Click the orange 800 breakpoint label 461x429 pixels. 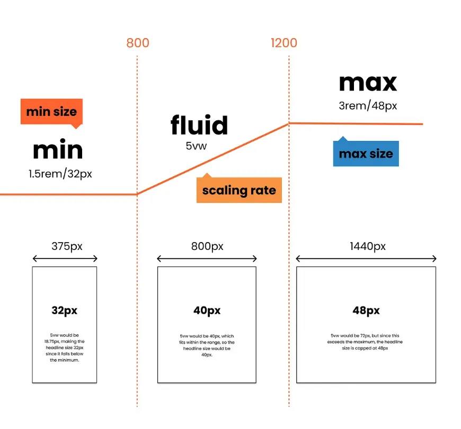tap(138, 43)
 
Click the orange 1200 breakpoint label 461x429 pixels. tap(284, 43)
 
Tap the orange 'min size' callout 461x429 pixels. tap(51, 112)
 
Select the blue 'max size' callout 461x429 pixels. tap(366, 154)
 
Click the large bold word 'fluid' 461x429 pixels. tap(199, 126)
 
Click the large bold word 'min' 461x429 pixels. tap(58, 150)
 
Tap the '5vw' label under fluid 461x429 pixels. tap(197, 145)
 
